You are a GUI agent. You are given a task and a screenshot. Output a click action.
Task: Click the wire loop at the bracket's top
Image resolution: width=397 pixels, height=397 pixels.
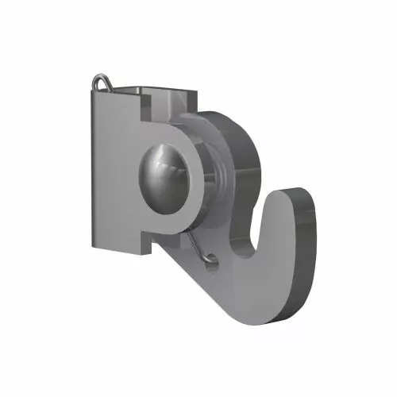tap(101, 80)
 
